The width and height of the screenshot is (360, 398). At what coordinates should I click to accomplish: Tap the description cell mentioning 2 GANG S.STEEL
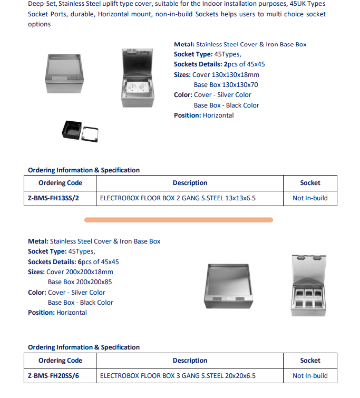click(x=178, y=198)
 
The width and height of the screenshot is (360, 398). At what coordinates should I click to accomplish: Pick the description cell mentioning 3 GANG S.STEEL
click(x=178, y=376)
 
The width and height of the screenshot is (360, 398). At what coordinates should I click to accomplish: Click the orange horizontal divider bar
click(x=179, y=219)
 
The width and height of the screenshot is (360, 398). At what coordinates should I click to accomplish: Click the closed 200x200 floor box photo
click(x=229, y=285)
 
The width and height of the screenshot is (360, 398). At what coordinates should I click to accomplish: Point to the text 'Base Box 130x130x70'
click(x=226, y=85)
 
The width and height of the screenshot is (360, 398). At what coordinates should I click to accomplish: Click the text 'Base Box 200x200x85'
click(x=80, y=282)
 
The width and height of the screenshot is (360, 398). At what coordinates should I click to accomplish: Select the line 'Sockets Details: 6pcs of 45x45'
click(x=73, y=262)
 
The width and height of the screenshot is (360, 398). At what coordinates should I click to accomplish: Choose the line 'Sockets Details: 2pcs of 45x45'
click(x=219, y=64)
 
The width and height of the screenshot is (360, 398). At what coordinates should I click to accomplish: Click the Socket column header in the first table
click(x=310, y=183)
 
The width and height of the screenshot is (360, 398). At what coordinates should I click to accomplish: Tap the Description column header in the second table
click(x=190, y=361)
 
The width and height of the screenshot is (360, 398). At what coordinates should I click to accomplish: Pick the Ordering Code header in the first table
click(x=60, y=183)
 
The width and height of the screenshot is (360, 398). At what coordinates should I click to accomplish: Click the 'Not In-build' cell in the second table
click(x=310, y=376)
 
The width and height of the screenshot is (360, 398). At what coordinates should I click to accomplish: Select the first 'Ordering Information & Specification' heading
click(x=84, y=170)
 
